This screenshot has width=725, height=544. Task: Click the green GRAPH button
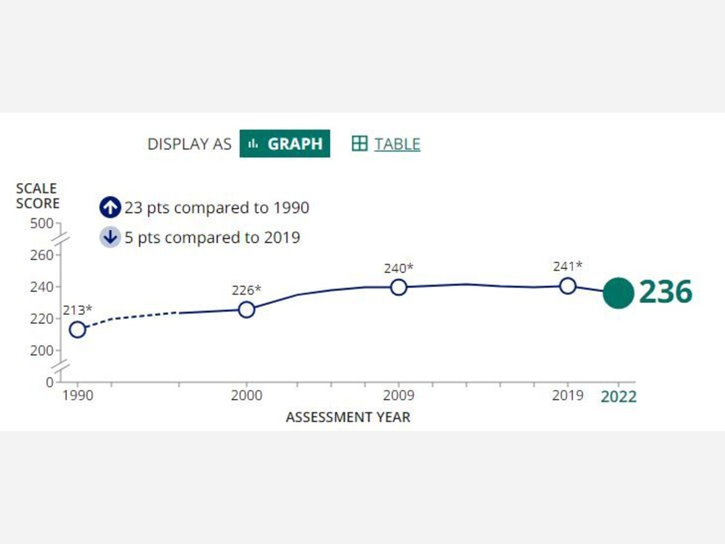pos(285,144)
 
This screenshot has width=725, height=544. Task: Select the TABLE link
pos(397,144)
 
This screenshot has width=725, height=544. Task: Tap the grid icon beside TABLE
pos(359,144)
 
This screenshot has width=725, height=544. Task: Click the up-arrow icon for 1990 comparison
pos(110,208)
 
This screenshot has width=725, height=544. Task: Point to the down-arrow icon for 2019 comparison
pos(110,237)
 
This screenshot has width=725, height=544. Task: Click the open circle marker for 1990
pos(77,329)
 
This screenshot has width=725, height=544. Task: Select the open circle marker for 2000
pos(246,309)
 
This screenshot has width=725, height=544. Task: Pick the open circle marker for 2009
pos(399,287)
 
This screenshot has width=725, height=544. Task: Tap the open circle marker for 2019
pos(567,286)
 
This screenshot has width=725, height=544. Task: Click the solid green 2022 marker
pos(619,293)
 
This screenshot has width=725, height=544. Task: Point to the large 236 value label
pos(665,293)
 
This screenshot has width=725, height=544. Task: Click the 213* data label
pos(77,310)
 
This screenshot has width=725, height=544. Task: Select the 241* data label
pos(567,266)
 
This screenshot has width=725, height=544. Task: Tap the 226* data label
pos(246,290)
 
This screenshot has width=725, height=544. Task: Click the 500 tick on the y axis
pos(42,224)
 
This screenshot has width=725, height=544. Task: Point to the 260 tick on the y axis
pos(42,255)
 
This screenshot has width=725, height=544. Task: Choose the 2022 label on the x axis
pos(618,397)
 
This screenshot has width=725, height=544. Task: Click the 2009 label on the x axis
pos(398,396)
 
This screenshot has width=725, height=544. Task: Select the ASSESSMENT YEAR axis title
pos(347,417)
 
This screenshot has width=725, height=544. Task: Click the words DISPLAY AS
pos(189,144)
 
